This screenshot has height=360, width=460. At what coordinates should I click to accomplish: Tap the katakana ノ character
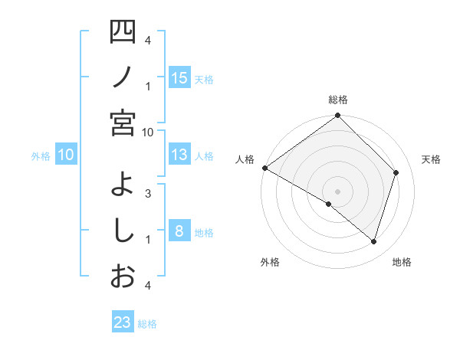123,77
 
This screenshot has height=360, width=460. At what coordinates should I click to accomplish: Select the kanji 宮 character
123,123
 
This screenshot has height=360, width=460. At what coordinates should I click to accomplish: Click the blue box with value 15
179,77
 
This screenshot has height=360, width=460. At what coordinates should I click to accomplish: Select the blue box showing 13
179,155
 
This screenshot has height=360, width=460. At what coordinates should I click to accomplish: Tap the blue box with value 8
179,231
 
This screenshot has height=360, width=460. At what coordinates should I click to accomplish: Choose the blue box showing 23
123,322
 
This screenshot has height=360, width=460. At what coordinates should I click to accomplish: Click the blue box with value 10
66,155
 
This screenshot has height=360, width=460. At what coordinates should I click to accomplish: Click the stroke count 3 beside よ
148,193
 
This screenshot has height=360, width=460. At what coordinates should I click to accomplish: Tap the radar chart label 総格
337,100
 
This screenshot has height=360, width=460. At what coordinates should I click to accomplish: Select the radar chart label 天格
431,159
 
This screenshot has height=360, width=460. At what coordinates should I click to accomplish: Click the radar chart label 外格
270,262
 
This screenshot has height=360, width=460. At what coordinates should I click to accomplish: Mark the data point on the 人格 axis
264,168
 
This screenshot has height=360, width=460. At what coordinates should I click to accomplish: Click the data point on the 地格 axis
374,242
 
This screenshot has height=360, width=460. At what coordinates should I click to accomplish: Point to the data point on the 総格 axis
337,116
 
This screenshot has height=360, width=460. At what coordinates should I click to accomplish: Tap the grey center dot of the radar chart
337,191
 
